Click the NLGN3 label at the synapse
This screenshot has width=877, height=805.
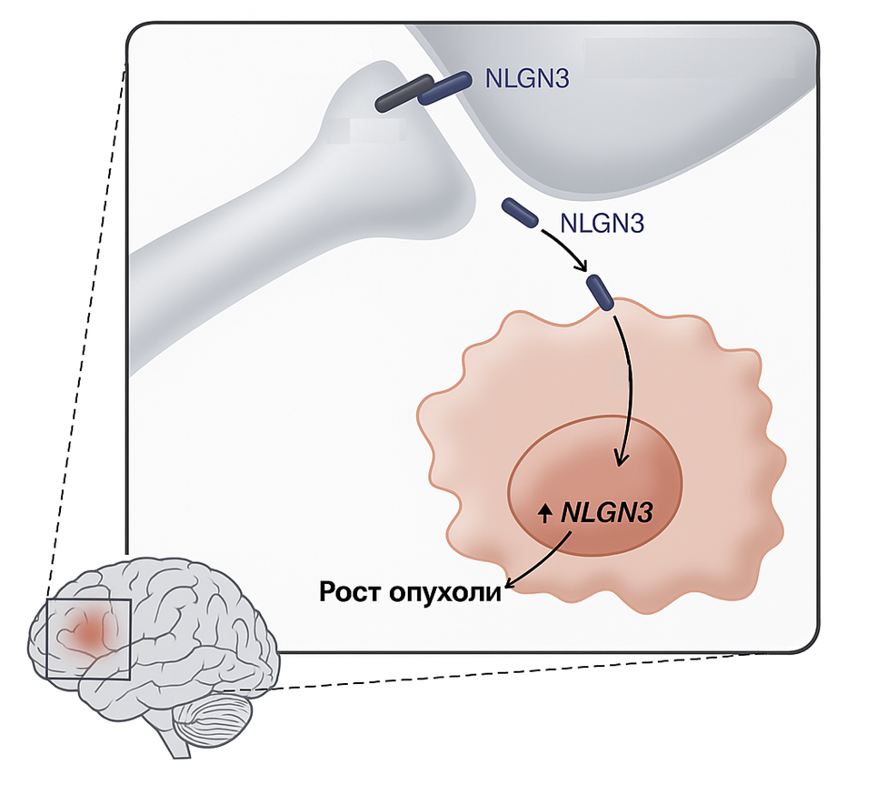tap(527, 79)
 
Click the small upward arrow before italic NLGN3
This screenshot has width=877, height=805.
tap(545, 514)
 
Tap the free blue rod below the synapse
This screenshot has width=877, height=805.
tap(521, 212)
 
